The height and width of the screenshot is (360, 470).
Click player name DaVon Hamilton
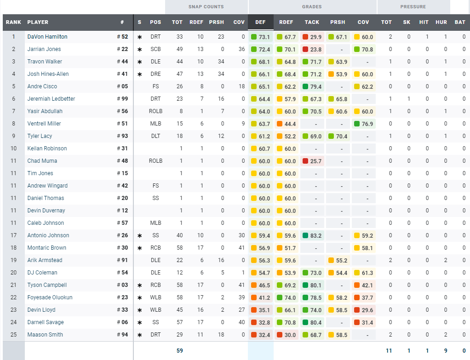click(47, 37)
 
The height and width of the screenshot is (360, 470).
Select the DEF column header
click(260, 22)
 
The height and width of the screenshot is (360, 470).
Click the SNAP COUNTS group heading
click(206, 7)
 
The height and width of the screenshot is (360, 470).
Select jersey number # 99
click(122, 99)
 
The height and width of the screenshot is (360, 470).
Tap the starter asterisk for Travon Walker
click(139, 62)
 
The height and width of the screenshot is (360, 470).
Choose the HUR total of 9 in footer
click(445, 351)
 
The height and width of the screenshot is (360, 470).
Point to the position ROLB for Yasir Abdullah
click(155, 111)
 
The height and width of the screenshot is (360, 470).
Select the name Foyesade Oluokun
click(50, 297)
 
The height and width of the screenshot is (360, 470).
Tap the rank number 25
click(14, 335)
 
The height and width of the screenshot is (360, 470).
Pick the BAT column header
click(460, 22)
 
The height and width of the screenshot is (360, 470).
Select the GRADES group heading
click(312, 7)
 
